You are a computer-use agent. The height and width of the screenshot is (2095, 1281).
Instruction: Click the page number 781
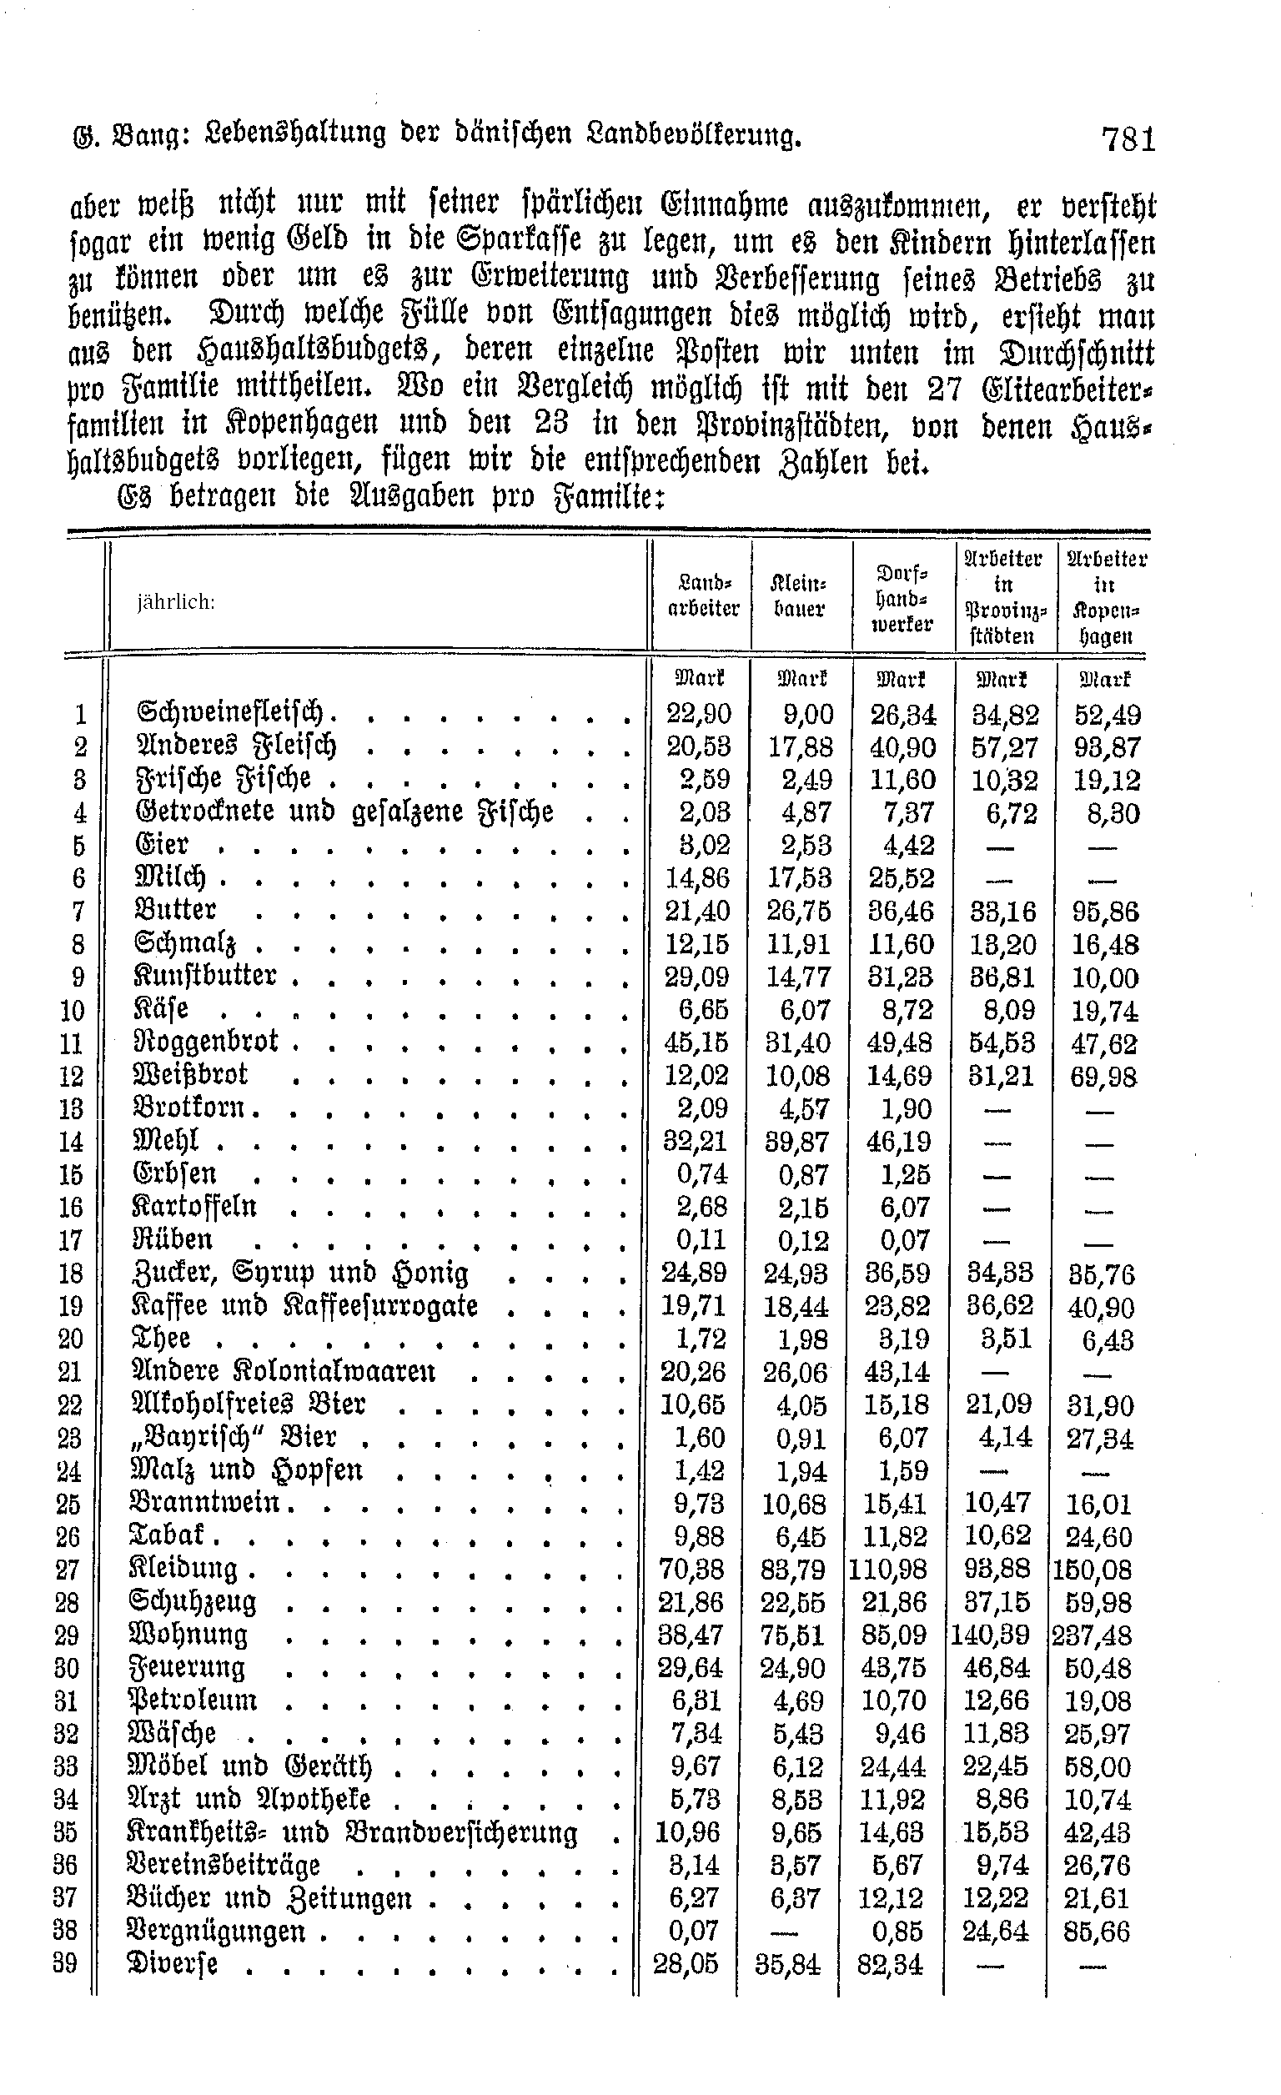(x=1128, y=138)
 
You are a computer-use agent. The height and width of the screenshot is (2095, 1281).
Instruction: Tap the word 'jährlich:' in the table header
(x=176, y=602)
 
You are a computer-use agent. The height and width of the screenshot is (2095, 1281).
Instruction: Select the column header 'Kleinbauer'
(x=799, y=597)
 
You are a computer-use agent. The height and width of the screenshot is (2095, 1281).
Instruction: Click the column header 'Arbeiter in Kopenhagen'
(x=1105, y=597)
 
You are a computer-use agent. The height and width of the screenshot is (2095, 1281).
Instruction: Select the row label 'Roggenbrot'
(x=207, y=1042)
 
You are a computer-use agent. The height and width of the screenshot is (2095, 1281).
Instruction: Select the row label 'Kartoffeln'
(x=194, y=1207)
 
